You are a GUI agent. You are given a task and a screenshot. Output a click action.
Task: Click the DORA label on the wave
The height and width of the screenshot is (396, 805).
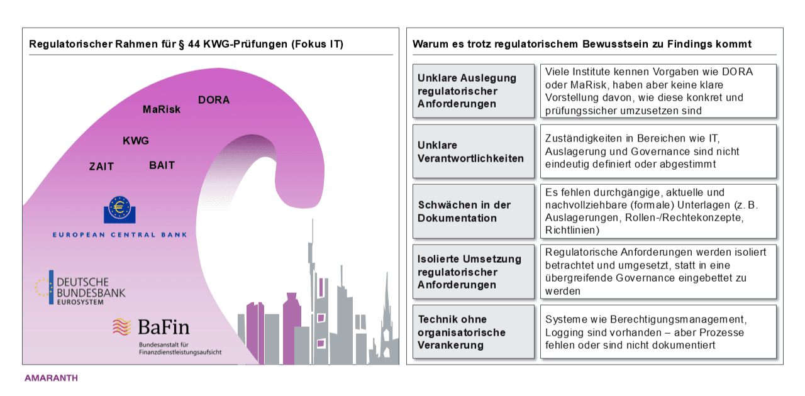click(x=214, y=100)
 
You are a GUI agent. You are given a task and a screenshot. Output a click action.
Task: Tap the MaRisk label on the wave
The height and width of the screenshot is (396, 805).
click(x=162, y=109)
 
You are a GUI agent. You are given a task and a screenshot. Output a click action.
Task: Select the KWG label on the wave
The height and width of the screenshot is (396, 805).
click(x=136, y=141)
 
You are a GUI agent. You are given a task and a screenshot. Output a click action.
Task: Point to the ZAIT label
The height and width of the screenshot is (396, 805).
click(x=101, y=167)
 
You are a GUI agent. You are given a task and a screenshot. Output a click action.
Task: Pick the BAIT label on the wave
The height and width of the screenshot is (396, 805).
click(x=162, y=165)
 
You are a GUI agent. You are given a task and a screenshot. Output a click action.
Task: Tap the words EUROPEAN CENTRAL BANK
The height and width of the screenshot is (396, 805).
click(x=120, y=235)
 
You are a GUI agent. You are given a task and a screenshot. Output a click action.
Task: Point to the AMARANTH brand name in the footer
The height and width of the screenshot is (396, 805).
click(x=51, y=378)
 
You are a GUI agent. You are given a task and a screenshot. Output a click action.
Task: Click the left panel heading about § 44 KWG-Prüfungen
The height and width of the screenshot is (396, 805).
click(x=186, y=44)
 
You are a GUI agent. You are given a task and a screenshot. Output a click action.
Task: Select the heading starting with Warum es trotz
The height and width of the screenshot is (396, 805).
click(x=582, y=44)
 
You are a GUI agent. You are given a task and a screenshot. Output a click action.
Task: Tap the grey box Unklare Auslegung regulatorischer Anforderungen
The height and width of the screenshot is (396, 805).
click(x=474, y=91)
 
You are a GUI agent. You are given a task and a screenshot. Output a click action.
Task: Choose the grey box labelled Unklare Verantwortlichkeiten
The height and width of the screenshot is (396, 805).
click(x=474, y=151)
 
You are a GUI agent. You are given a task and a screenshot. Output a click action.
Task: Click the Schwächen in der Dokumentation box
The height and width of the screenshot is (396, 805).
click(x=474, y=212)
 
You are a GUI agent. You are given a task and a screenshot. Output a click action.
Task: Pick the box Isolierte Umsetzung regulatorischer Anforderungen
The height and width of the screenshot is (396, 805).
click(x=474, y=272)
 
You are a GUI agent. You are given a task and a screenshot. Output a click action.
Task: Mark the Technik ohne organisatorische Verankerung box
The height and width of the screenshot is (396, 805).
click(x=474, y=332)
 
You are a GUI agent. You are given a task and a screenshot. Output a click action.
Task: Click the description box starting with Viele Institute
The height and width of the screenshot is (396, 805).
click(x=658, y=91)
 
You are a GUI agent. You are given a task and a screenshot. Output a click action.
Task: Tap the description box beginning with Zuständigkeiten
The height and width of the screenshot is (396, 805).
click(x=658, y=151)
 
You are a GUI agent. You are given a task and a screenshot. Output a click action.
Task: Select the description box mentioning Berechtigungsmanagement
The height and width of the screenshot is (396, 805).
click(x=658, y=332)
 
